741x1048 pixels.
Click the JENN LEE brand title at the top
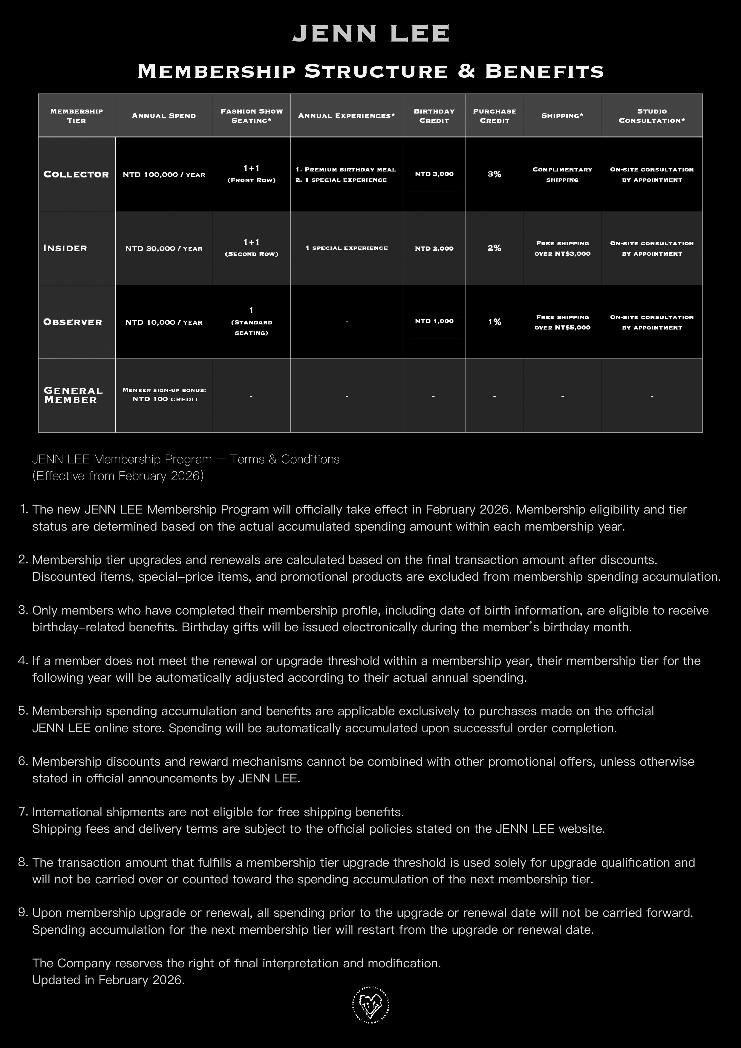tap(371, 34)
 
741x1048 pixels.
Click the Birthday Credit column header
tap(434, 116)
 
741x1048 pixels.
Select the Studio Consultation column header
tap(652, 116)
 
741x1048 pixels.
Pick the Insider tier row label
tap(65, 248)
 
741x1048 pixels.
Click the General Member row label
tap(73, 395)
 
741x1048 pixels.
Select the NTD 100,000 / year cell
tap(164, 175)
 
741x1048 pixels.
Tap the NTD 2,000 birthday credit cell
tap(434, 248)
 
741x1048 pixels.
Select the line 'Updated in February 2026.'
tap(108, 980)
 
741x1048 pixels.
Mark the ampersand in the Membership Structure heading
tap(466, 71)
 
